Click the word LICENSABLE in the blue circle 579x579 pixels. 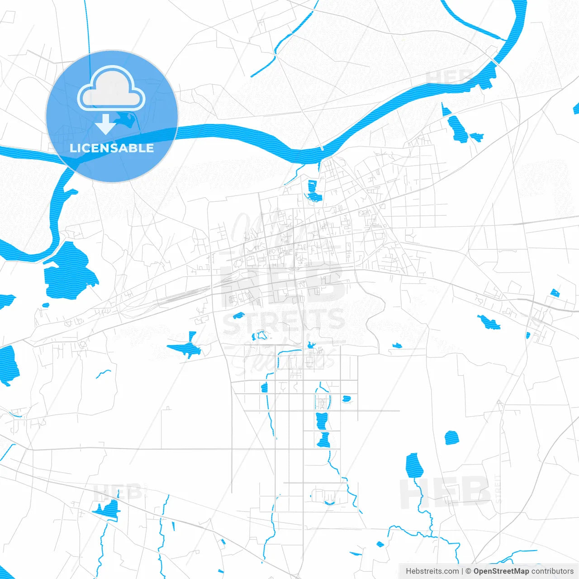coord(112,148)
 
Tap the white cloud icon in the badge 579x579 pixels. coord(111,90)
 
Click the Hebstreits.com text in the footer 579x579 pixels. coord(432,571)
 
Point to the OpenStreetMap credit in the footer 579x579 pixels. coord(501,571)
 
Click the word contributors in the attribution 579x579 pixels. coord(552,571)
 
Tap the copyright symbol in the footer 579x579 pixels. coord(468,571)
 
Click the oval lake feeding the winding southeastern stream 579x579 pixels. coord(414,466)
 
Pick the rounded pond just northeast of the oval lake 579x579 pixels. coord(451,438)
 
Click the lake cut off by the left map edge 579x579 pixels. coord(8,364)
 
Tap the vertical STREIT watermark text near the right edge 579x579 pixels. coord(498,489)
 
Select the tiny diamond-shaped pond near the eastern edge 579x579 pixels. coord(555,293)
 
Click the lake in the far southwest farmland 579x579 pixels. coord(108,509)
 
